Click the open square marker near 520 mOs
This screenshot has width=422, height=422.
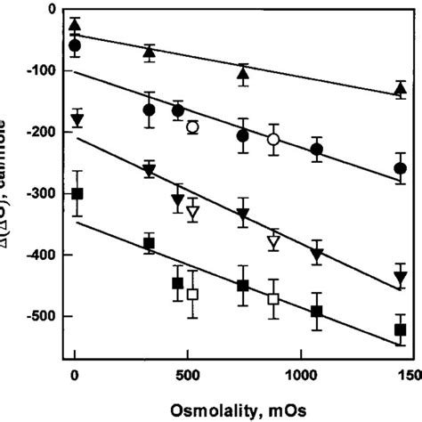coord(192,295)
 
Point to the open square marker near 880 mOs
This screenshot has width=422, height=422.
coord(273,299)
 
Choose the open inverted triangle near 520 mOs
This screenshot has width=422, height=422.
coord(192,212)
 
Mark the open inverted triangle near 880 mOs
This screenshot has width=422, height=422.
coord(273,242)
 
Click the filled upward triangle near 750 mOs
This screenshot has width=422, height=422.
coord(243,73)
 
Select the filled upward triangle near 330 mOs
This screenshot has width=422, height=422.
coord(150,52)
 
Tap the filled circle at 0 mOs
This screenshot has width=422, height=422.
coord(75,45)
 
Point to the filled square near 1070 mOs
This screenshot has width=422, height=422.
coord(315,312)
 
